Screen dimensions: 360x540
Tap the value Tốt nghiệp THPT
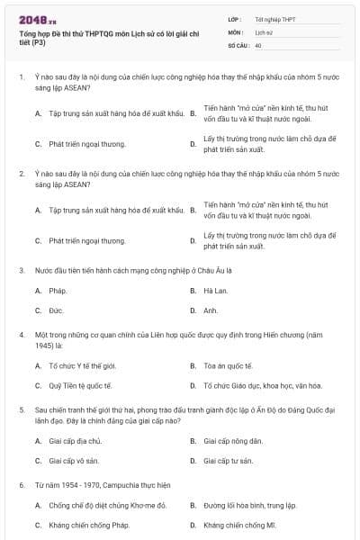pyautogui.click(x=276, y=19)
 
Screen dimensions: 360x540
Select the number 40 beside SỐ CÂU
pyautogui.click(x=258, y=44)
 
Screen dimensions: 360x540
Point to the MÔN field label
pyautogui.click(x=235, y=31)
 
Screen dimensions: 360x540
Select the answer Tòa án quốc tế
pyautogui.click(x=229, y=366)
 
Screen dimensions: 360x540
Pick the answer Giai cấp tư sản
pyautogui.click(x=230, y=461)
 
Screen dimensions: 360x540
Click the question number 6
pyautogui.click(x=21, y=485)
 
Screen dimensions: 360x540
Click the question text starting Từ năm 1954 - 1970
pyautogui.click(x=103, y=485)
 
